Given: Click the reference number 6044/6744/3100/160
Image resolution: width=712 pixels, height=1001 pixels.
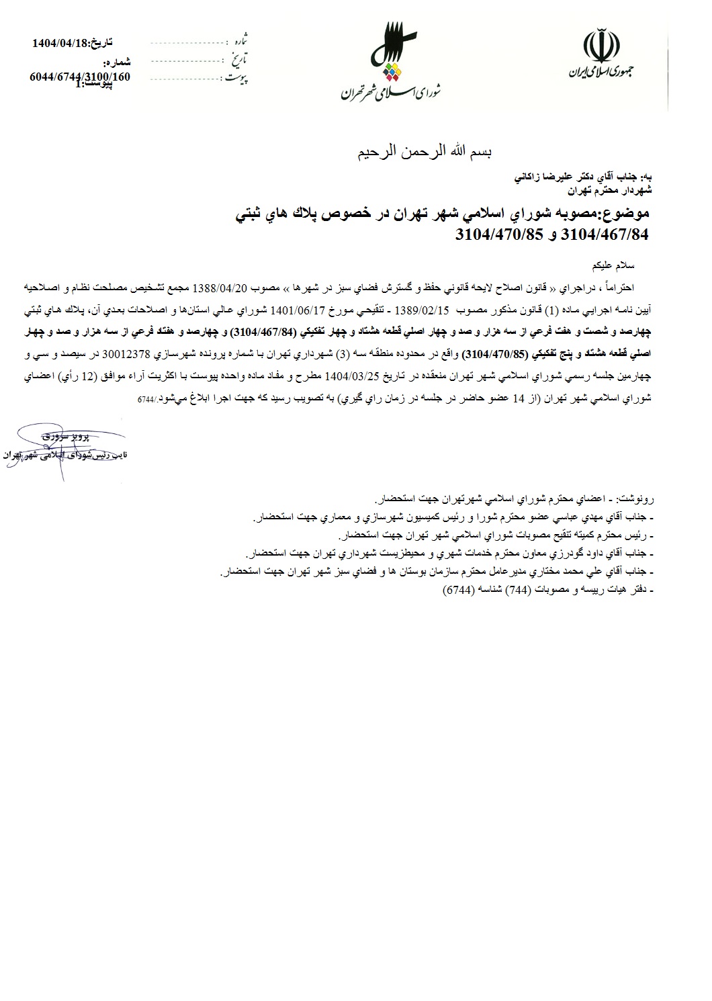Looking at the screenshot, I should point(80,77).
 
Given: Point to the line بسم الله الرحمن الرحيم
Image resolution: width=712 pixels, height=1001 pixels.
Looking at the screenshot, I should point(424,153).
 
